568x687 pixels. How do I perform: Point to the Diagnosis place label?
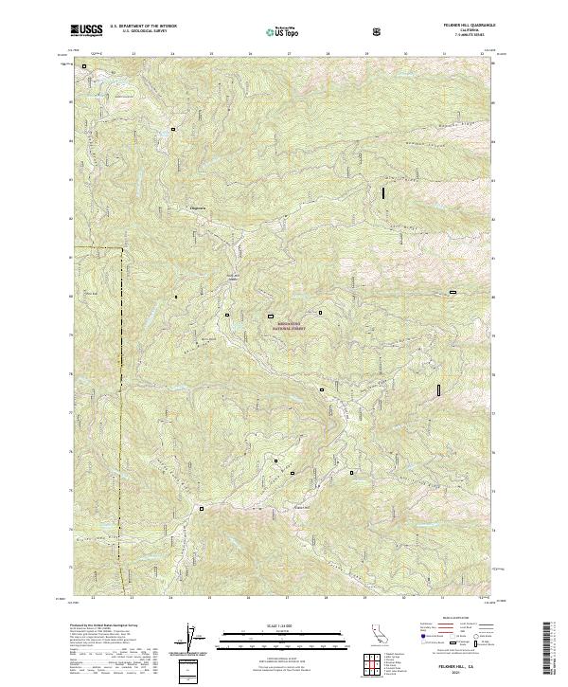click(198, 208)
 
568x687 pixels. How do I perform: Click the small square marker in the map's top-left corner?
click(84, 66)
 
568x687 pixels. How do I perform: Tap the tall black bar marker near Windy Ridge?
click(383, 191)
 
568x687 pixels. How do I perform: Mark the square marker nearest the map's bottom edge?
click(202, 509)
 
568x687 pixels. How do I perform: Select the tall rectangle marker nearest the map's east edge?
click(439, 389)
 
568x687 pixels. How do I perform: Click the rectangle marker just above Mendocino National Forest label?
click(270, 316)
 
